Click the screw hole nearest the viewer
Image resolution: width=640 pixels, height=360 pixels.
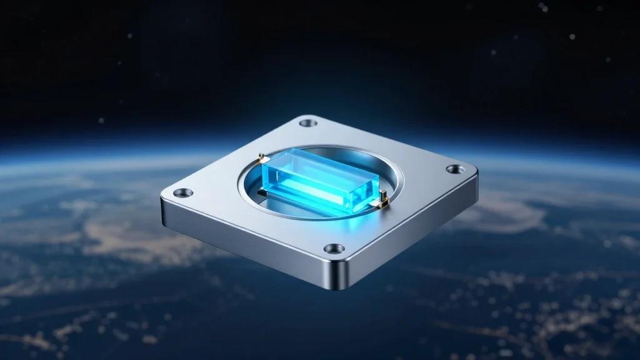click(334, 249)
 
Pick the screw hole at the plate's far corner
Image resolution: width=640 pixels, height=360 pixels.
click(308, 123)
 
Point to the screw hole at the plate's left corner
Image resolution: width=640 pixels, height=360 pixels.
click(182, 192)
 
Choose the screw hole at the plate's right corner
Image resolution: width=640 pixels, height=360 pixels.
click(455, 169)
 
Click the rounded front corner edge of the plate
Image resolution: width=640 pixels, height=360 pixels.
click(338, 275)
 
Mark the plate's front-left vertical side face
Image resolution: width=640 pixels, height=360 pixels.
click(244, 241)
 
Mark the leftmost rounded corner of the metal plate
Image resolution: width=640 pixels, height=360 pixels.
click(164, 199)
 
